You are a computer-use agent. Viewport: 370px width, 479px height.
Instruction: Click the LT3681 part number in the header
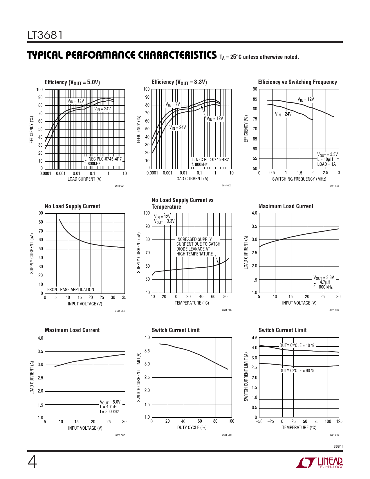(45, 35)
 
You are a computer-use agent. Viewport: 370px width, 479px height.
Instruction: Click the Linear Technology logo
(319, 463)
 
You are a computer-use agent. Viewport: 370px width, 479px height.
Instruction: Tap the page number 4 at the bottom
(32, 462)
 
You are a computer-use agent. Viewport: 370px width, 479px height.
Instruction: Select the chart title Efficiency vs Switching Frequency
(297, 82)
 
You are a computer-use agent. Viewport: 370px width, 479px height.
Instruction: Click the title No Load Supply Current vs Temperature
(183, 203)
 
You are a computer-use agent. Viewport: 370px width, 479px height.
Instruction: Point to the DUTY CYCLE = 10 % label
(297, 345)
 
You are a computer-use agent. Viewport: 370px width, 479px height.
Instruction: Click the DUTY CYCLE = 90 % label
(297, 371)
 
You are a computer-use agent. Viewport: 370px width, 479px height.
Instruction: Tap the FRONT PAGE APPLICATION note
(71, 289)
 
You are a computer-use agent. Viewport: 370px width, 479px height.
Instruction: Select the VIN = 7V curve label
(173, 104)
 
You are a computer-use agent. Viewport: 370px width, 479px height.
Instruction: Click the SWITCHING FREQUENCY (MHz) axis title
(299, 179)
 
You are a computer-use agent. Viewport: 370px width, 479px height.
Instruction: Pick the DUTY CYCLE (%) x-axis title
(192, 427)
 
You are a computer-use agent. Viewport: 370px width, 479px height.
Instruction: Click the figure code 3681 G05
(227, 310)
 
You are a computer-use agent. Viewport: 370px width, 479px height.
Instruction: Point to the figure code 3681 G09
(334, 435)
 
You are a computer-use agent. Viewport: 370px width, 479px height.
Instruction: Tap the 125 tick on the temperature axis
(339, 422)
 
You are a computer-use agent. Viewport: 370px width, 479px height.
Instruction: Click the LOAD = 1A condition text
(326, 164)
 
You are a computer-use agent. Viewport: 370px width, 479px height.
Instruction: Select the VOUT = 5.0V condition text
(110, 402)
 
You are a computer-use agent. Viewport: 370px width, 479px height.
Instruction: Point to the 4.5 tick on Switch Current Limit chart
(255, 338)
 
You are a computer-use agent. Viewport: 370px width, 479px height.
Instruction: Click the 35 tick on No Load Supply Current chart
(124, 298)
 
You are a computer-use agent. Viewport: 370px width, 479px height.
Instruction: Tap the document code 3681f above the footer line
(338, 446)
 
